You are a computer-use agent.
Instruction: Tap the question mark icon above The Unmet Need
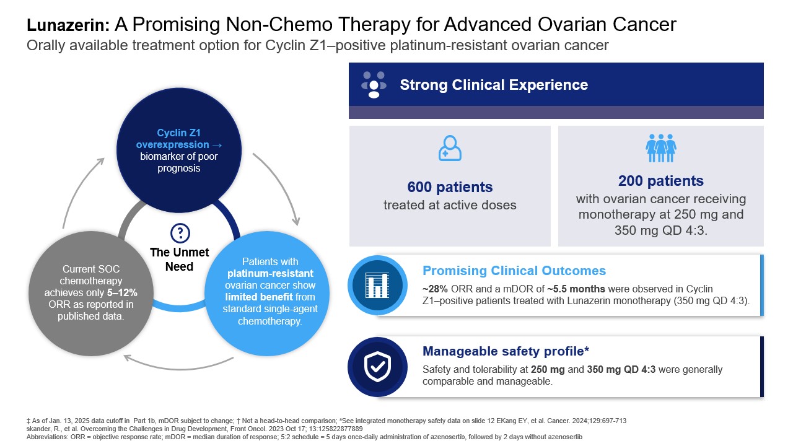180,233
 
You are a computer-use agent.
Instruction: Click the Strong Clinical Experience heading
494,85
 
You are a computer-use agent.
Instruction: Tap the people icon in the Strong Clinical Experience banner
374,85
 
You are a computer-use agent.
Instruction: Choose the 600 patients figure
450,187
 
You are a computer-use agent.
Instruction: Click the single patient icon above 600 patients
450,149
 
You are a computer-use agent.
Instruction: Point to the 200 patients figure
660,181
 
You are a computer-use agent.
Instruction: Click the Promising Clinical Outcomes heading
514,271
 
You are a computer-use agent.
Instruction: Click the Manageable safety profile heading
506,351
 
